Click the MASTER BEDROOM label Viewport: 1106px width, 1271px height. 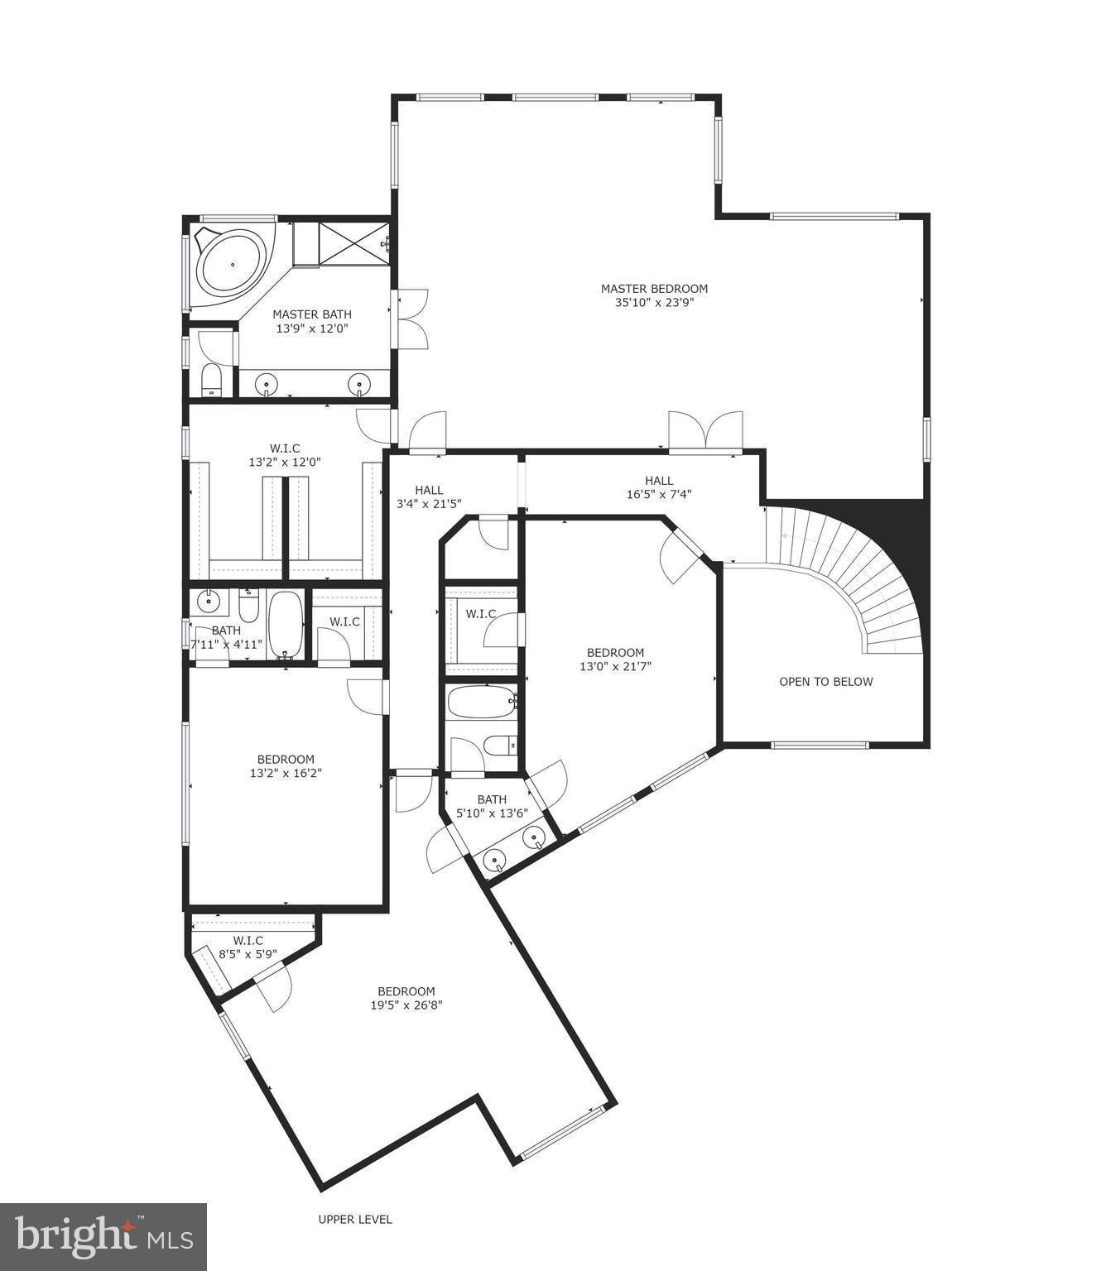pos(654,289)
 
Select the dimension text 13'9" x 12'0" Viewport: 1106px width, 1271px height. pos(312,329)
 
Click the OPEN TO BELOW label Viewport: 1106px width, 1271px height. pos(825,682)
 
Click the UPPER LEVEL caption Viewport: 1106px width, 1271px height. pos(355,1219)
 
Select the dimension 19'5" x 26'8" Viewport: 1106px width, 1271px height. pos(406,1005)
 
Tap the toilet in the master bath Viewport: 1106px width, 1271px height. pos(212,381)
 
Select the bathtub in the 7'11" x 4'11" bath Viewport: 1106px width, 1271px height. pos(286,625)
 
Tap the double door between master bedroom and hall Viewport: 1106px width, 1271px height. pos(705,432)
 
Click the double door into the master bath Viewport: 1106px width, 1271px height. pos(411,318)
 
